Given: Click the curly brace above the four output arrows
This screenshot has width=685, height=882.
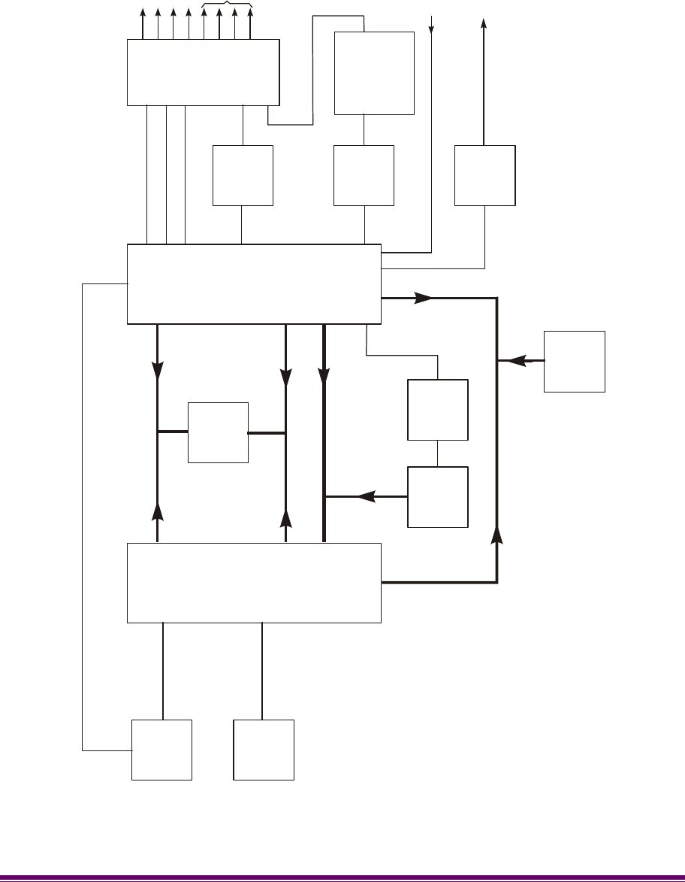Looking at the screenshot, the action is [228, 5].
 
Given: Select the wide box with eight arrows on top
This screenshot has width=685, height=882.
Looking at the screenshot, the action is [203, 73].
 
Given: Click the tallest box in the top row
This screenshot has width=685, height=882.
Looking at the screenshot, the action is [374, 73].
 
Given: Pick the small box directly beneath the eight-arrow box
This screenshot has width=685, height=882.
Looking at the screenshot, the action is [243, 175].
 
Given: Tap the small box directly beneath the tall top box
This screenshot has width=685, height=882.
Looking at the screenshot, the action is [364, 175].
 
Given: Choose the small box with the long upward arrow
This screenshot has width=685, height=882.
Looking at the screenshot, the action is [485, 175].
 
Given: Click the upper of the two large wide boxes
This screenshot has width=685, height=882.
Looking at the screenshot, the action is [254, 284].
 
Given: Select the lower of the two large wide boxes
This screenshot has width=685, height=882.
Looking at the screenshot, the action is [254, 583].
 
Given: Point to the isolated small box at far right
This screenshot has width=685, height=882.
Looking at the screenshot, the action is [575, 361].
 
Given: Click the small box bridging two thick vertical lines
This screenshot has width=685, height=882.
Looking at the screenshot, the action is [218, 432].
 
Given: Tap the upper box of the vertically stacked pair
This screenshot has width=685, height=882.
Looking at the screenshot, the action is [437, 410].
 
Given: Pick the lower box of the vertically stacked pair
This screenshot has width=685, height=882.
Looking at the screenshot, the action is [437, 497].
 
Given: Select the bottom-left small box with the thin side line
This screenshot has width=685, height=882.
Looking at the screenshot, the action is [161, 750].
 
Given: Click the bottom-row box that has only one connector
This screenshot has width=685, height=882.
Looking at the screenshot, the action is [263, 750].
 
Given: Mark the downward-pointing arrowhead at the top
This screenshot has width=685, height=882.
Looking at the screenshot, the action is [432, 30].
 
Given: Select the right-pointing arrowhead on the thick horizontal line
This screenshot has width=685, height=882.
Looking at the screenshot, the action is [424, 298].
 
